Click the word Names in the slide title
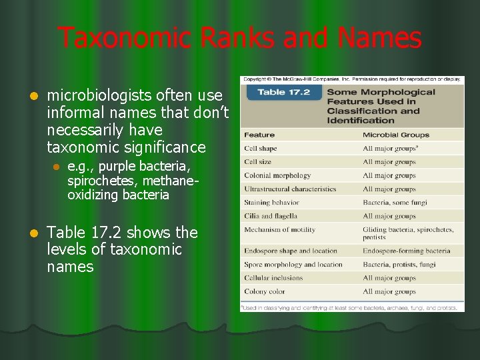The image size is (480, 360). click(379, 38)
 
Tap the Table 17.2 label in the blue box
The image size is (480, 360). click(283, 92)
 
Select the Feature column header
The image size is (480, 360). click(259, 135)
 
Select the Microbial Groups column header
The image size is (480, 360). click(396, 135)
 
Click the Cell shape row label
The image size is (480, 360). click(260, 148)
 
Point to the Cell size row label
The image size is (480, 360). click(259, 162)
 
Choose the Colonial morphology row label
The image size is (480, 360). click(277, 175)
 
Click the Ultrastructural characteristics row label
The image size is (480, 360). click(290, 189)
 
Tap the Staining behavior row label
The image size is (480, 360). click(271, 203)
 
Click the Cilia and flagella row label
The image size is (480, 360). click(271, 216)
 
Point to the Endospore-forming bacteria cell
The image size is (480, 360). click(407, 251)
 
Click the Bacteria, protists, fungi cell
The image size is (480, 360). click(399, 265)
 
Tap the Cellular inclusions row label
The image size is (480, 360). click(273, 278)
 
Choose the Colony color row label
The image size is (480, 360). click(264, 291)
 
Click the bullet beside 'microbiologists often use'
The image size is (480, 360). click(26, 95)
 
